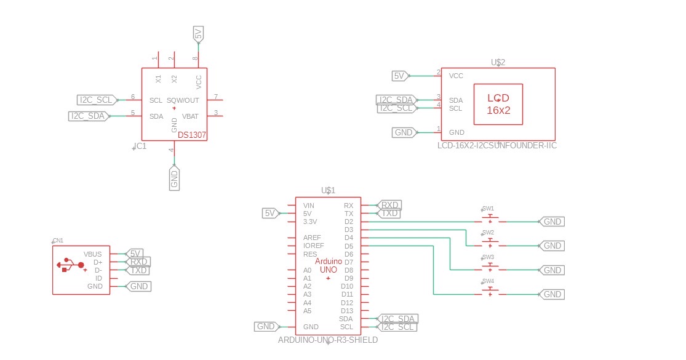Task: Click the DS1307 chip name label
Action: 191,134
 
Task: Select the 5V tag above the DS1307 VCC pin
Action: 197,34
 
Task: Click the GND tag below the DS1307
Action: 174,178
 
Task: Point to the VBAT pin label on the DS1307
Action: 190,116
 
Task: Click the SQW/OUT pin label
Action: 183,100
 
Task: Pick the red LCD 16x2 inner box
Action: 498,104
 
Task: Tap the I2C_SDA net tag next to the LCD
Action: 396,100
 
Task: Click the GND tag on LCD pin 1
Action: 404,132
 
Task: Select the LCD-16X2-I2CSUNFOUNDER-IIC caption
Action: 497,145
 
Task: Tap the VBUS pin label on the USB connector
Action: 92,254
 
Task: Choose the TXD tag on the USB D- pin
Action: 139,270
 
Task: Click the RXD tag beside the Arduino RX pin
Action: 390,205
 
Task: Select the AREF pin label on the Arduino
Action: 313,238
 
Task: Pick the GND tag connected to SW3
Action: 552,270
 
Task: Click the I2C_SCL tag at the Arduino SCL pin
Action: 397,327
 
